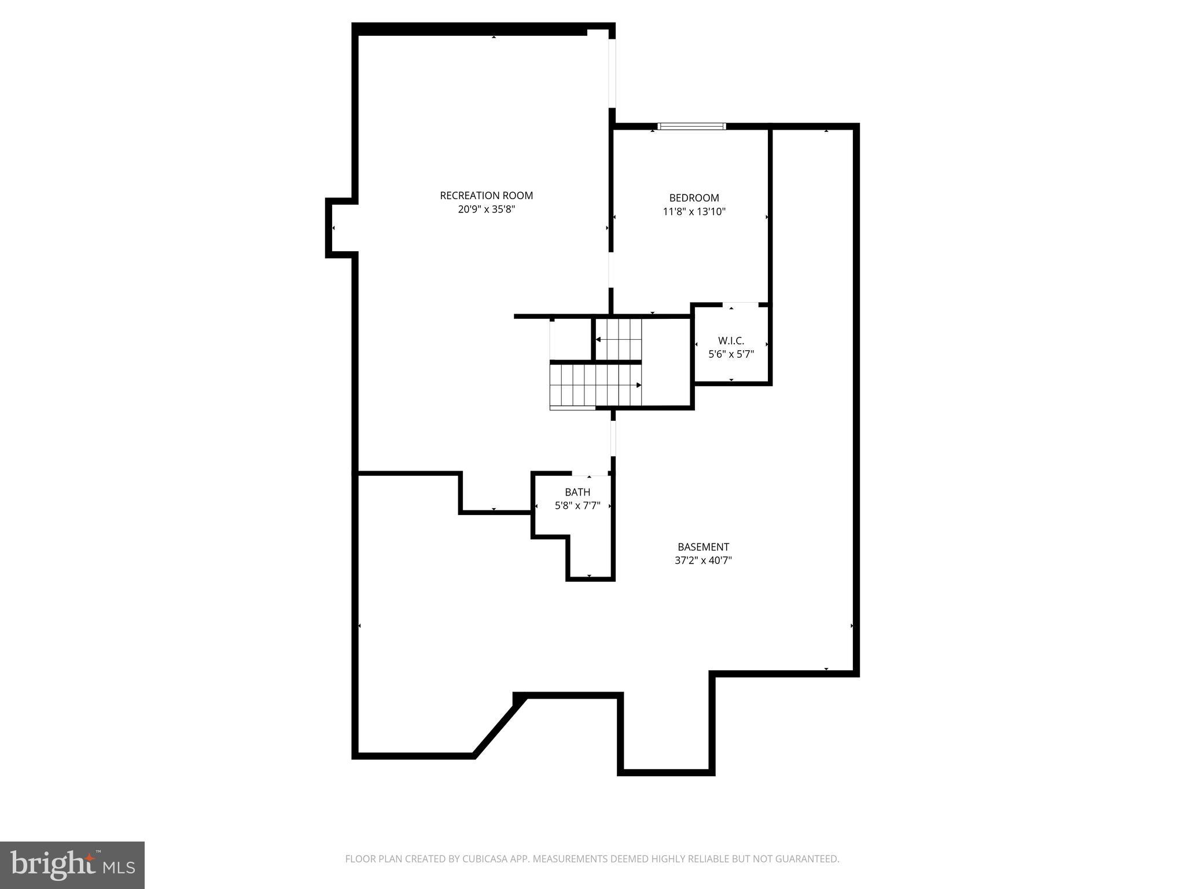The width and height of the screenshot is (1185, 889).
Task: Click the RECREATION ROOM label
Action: pyautogui.click(x=486, y=196)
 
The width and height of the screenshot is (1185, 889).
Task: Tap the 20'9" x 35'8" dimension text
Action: pyautogui.click(x=486, y=210)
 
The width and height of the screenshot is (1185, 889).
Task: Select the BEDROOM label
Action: pyautogui.click(x=694, y=198)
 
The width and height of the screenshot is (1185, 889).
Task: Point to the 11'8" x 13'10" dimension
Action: pyautogui.click(x=694, y=212)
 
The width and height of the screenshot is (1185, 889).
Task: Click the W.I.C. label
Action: pyautogui.click(x=731, y=340)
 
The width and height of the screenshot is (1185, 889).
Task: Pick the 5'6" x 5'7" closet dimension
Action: pyautogui.click(x=731, y=354)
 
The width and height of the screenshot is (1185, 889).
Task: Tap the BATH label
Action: pyautogui.click(x=577, y=492)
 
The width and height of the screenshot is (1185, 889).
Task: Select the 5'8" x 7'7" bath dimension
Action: pyautogui.click(x=577, y=506)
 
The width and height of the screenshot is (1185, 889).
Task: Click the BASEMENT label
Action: pyautogui.click(x=703, y=546)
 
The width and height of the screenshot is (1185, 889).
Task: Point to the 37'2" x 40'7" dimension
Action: pyautogui.click(x=703, y=560)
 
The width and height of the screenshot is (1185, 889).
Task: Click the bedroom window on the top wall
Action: pyautogui.click(x=692, y=126)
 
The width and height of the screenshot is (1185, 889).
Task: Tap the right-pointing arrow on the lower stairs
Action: pyautogui.click(x=639, y=385)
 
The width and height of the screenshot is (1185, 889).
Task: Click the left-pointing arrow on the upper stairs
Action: pyautogui.click(x=598, y=339)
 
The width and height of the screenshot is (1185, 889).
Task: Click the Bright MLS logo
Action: pyautogui.click(x=72, y=865)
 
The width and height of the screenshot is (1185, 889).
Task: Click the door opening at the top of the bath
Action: pyautogui.click(x=590, y=474)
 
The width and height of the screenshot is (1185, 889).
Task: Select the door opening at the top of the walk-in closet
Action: pyautogui.click(x=740, y=304)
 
